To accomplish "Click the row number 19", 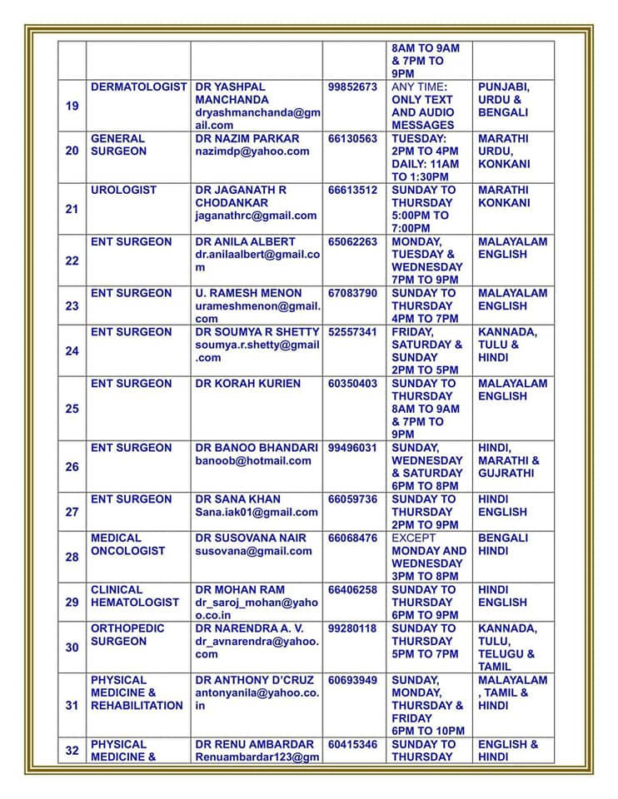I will click(72, 107).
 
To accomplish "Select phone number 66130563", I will click(352, 138).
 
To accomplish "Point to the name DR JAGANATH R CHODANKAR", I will click(242, 196).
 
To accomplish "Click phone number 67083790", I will click(352, 293).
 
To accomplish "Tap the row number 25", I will click(72, 409).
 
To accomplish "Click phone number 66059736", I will click(352, 499).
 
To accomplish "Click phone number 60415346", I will click(352, 744).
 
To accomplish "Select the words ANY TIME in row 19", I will click(418, 87).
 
